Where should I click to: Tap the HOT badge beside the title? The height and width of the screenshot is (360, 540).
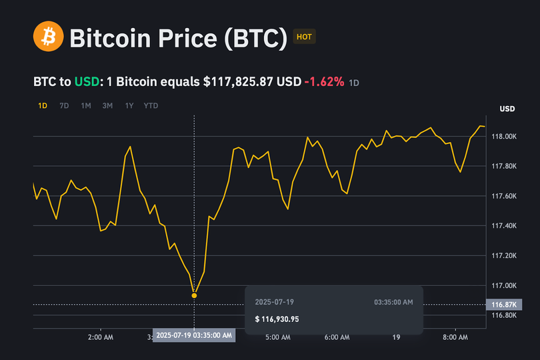[x=304, y=37]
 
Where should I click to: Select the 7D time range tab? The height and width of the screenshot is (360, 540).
[x=64, y=105]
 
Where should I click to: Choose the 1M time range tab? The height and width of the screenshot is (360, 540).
[x=86, y=105]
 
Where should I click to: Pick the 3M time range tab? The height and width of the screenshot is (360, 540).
[x=107, y=105]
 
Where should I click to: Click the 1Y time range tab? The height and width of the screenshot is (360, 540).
[x=129, y=105]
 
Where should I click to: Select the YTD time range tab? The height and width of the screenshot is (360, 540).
[x=151, y=105]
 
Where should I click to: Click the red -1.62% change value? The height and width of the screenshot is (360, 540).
[x=324, y=82]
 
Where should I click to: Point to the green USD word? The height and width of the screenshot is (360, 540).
[x=86, y=82]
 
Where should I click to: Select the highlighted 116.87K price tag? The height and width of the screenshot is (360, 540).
[x=503, y=305]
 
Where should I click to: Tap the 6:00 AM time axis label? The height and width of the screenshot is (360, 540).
[x=337, y=338]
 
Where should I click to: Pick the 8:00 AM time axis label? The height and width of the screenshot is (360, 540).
[x=455, y=338]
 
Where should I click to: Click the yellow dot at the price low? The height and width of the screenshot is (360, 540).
[x=194, y=295]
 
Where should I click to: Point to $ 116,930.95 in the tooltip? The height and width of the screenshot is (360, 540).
[x=277, y=319]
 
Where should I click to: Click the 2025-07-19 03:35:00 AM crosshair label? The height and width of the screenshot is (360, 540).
[x=194, y=335]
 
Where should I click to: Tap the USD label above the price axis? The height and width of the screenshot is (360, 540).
[x=507, y=109]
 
